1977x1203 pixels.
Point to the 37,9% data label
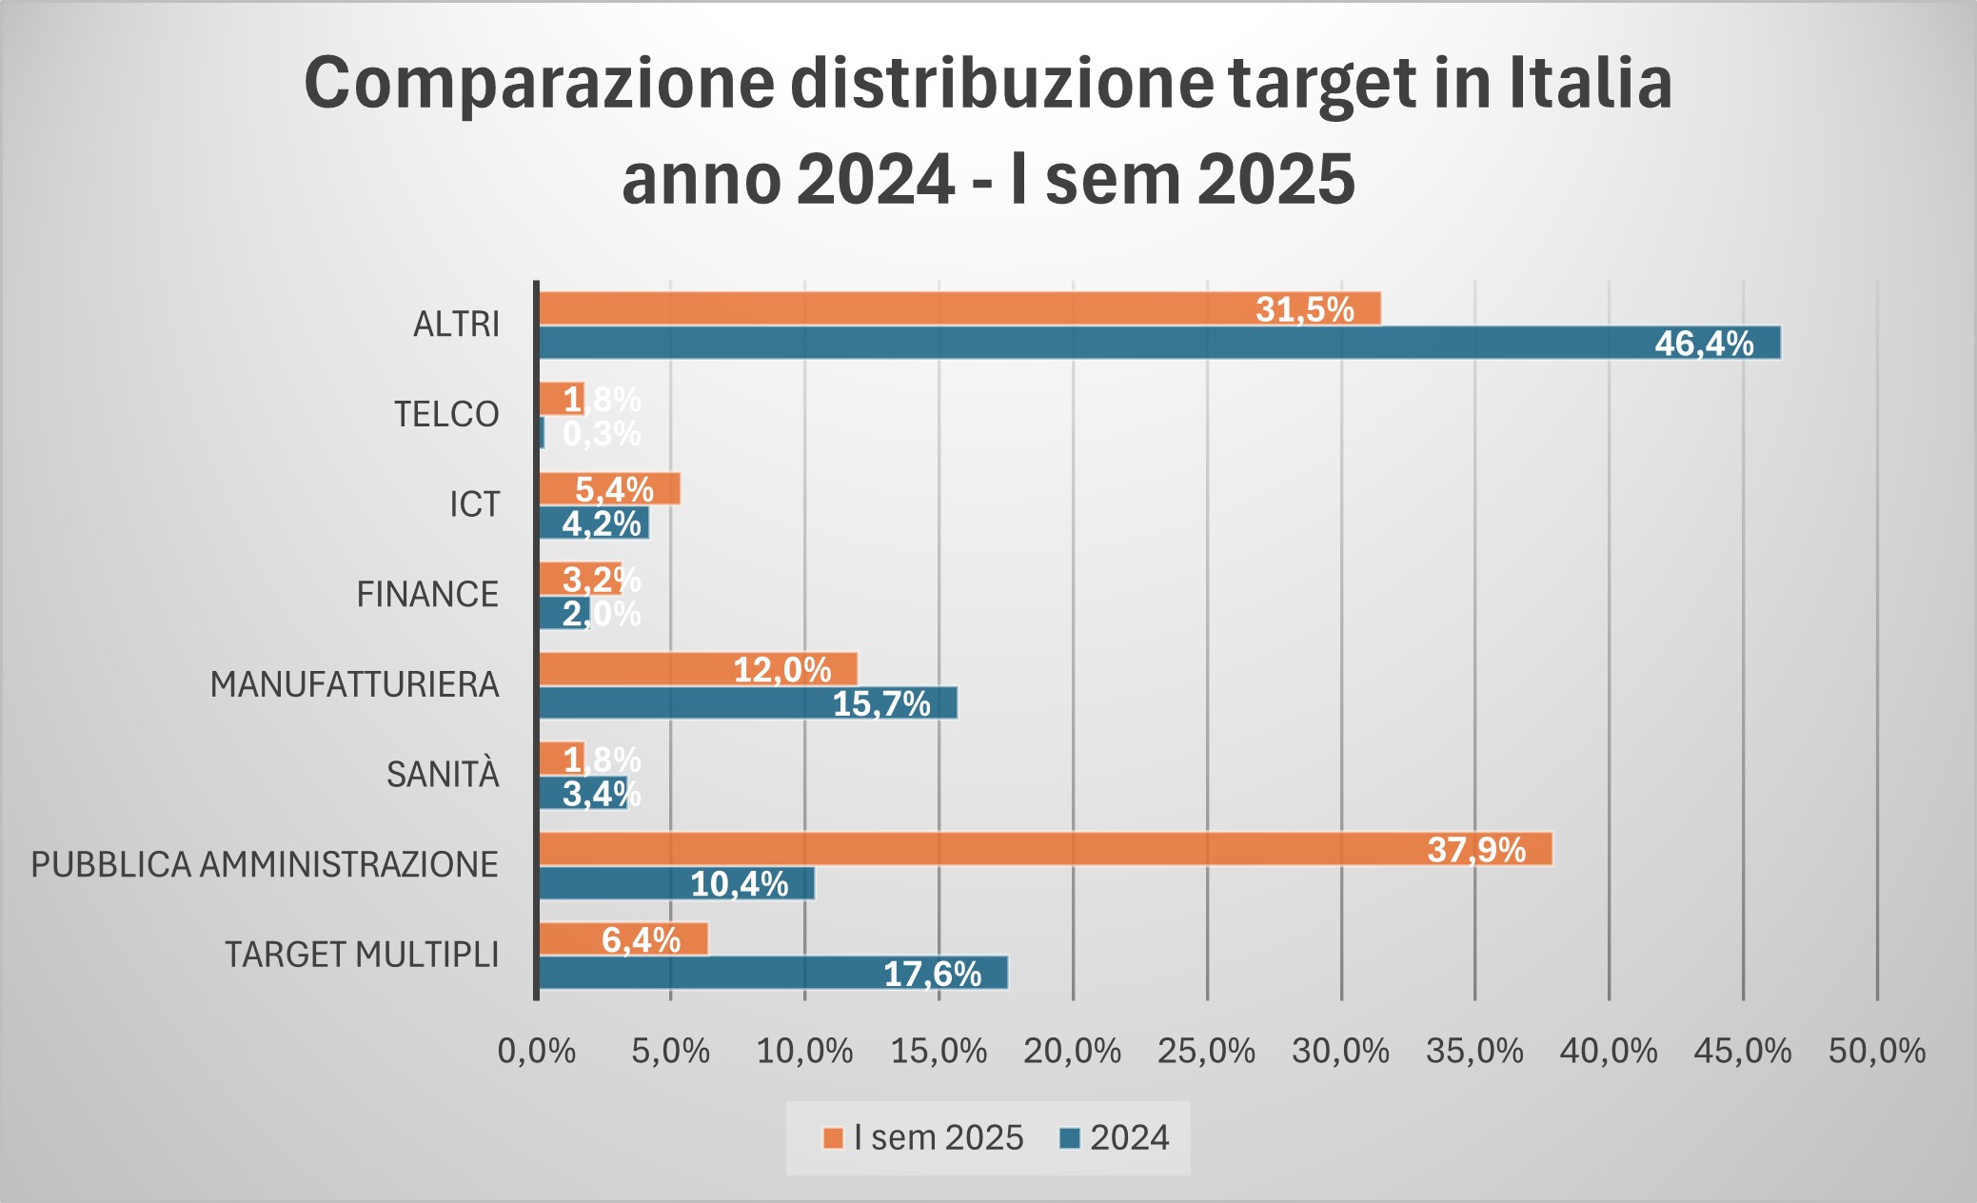click(x=1476, y=849)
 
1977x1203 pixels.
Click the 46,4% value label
click(x=1704, y=343)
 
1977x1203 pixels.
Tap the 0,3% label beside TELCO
click(x=602, y=434)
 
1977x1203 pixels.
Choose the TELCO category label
click(x=446, y=414)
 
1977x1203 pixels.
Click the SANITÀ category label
click(x=443, y=775)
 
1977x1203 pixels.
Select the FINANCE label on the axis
click(x=427, y=594)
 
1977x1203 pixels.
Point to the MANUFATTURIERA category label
click(x=354, y=684)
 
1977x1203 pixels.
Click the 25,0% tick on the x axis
click(x=1206, y=1051)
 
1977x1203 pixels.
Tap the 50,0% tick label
click(x=1876, y=1051)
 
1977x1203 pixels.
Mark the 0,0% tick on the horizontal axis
click(x=537, y=1051)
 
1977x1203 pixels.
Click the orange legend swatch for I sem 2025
click(x=833, y=1138)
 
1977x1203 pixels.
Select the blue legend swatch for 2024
click(x=1070, y=1138)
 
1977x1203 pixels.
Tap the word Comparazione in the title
click(x=539, y=83)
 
